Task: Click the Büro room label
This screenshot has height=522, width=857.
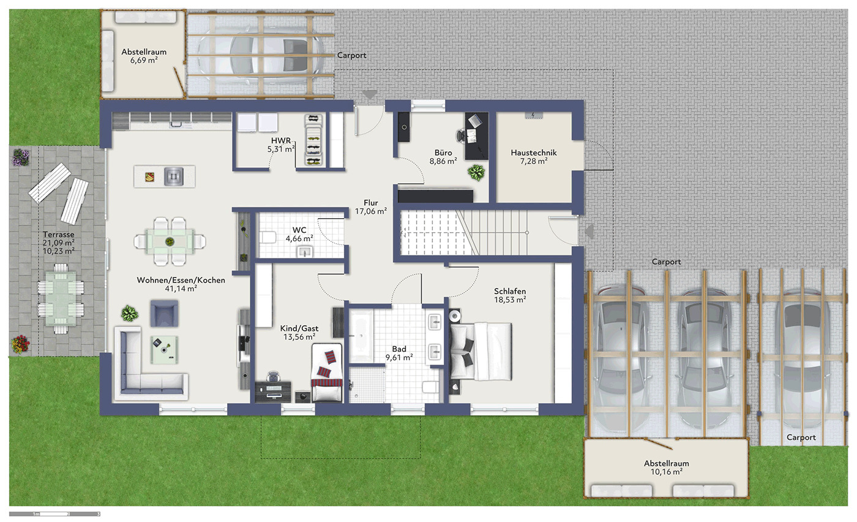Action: (x=443, y=153)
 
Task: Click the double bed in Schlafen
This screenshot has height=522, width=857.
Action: (x=481, y=351)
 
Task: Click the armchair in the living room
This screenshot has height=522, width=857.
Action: (x=164, y=313)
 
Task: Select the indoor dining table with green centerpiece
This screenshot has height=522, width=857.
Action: (x=170, y=241)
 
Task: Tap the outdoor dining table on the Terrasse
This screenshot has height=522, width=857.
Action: (x=61, y=299)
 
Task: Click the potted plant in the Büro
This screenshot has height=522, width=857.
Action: (x=476, y=172)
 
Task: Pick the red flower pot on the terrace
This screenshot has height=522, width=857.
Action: (x=20, y=344)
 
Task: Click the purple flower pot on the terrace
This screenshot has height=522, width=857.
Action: (x=21, y=157)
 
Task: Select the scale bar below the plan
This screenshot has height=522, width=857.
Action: (x=54, y=514)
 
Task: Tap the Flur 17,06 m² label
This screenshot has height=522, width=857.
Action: (x=371, y=207)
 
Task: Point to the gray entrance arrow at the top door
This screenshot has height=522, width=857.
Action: (x=370, y=94)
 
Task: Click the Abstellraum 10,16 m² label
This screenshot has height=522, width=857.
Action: (x=667, y=467)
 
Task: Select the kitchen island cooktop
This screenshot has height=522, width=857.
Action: (x=174, y=176)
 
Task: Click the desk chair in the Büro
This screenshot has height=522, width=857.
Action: (x=461, y=135)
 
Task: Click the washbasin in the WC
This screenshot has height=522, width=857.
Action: (x=305, y=252)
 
